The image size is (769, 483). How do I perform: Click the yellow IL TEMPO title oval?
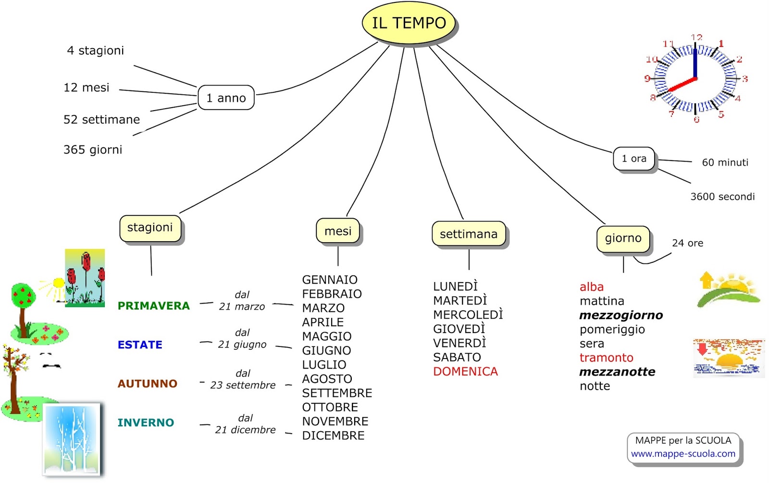coord(409,23)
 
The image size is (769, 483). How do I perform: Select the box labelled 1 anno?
coord(226,98)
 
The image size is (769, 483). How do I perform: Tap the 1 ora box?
coord(633,159)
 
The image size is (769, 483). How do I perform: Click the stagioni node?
coord(150,228)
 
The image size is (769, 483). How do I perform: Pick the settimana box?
coord(469,234)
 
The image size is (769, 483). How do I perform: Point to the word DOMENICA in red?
coord(465,372)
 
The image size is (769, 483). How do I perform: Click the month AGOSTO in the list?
coord(327,379)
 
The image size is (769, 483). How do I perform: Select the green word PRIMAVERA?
coord(154,306)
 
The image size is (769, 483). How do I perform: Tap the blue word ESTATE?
coord(140,345)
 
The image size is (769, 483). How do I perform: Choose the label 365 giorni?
coord(93,150)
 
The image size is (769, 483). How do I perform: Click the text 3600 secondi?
coord(722,197)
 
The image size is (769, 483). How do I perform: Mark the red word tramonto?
coord(606,358)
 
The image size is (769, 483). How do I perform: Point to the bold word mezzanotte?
coord(617,372)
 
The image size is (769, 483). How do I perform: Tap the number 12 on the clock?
coord(696,37)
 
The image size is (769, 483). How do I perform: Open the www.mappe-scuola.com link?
coord(683,454)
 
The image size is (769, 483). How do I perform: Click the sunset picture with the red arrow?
coord(729,358)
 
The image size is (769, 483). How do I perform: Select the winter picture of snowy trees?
coord(73,439)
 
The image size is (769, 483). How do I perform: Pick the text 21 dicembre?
coord(245,430)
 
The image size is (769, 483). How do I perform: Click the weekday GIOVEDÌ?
coord(459,329)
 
